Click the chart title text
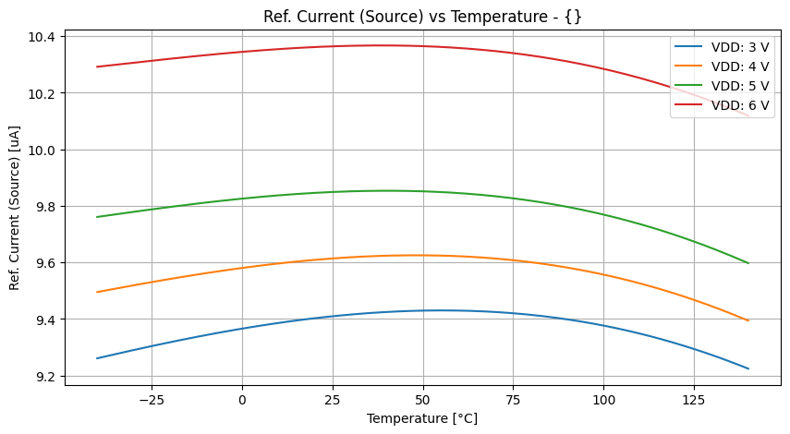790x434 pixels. click(422, 16)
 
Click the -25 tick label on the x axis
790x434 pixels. click(151, 400)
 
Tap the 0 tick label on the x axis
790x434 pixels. click(242, 400)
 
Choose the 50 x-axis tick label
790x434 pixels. click(422, 400)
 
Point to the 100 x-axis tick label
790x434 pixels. click(603, 400)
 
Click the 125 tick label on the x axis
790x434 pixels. click(694, 400)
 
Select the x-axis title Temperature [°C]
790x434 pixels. click(422, 418)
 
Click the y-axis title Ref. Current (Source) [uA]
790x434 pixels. click(15, 205)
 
